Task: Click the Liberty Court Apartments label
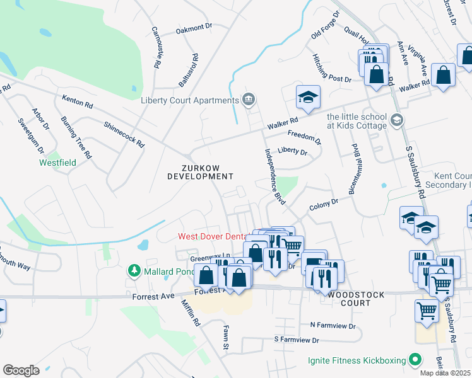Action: click(x=189, y=100)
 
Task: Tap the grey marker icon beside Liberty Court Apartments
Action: click(x=249, y=99)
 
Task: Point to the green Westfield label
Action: click(x=58, y=163)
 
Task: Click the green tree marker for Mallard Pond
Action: click(x=134, y=271)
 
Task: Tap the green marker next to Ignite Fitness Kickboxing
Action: click(x=415, y=360)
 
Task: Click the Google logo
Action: click(x=21, y=370)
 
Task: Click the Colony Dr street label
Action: click(x=324, y=205)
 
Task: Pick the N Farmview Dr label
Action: click(x=333, y=326)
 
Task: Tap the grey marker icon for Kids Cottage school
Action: click(x=397, y=120)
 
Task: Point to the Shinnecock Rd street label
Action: click(x=124, y=134)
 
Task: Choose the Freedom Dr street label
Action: click(x=304, y=137)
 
